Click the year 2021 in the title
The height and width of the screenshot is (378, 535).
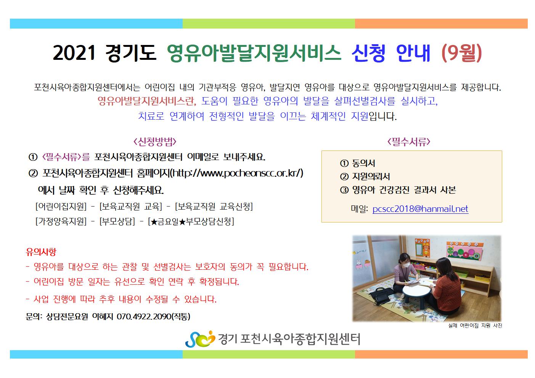point(74,53)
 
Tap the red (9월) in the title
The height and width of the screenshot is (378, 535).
point(461,53)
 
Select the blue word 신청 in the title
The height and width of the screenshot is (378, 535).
point(368,53)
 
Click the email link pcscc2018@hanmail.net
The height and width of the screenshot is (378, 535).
point(420,209)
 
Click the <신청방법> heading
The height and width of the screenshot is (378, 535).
point(155,142)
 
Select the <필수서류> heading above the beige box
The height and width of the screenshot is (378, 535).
point(409,142)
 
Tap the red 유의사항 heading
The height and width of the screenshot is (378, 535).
point(41,252)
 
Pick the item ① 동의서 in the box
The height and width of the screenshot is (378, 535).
point(358,163)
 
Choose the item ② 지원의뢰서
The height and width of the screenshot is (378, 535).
point(365,176)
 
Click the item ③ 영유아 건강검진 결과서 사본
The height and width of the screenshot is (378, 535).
point(398,190)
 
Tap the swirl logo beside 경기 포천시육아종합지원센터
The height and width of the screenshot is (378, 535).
point(200,339)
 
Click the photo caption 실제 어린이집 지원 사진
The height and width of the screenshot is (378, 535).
point(475,325)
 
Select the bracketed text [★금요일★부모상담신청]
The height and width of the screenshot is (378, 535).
point(191,221)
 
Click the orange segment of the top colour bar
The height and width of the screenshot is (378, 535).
point(441,24)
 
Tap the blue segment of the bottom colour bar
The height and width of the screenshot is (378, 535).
point(96,354)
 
